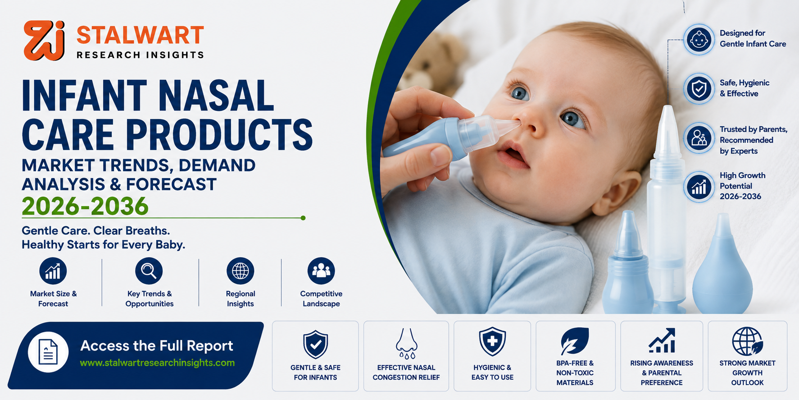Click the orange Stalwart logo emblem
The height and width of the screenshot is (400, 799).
[44, 40]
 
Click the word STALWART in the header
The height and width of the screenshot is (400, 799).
[140, 35]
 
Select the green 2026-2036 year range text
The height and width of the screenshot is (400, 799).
[85, 206]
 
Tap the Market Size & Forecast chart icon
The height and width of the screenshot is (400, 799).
[53, 271]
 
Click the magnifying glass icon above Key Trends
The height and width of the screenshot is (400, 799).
[149, 271]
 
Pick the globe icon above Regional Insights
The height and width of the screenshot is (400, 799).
[241, 271]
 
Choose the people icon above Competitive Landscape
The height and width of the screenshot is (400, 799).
[321, 271]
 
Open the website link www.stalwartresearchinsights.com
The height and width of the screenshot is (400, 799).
[157, 363]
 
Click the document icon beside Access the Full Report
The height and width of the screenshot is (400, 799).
[48, 352]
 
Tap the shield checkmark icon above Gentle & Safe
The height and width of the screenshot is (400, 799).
[315, 345]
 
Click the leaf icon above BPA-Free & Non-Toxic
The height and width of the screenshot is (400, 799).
[575, 341]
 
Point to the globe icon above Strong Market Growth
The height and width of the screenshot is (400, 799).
[747, 341]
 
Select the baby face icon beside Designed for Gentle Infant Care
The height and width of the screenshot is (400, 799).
[699, 39]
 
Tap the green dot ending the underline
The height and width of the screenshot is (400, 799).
[303, 218]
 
